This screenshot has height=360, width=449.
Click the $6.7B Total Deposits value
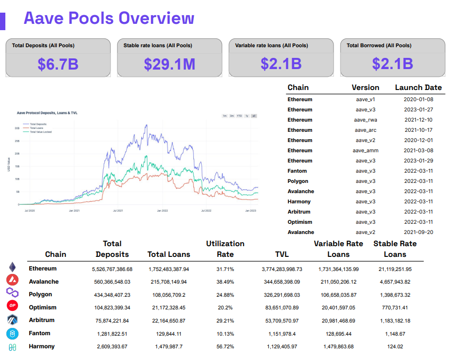tap(58, 64)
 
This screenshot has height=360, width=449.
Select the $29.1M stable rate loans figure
tap(169, 64)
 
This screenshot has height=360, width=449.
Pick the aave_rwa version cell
tap(365, 120)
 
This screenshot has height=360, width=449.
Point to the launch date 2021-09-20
tap(418, 232)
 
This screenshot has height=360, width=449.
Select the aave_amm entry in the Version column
tap(365, 150)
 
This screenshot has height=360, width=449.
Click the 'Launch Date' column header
tap(418, 88)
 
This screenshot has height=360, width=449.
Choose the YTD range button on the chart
tap(239, 116)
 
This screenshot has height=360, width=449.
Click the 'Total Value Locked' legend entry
tap(40, 132)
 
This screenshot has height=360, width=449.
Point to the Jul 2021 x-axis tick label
tap(117, 211)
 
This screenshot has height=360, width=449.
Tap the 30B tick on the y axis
tap(17, 128)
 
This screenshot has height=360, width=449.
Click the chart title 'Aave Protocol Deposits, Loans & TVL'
tap(47, 113)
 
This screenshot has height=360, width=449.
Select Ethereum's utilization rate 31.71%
tap(225, 269)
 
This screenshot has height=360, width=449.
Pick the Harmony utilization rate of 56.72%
tap(225, 346)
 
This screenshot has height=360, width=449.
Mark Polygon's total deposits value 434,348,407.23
tap(112, 295)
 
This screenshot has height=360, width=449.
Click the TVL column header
tap(281, 254)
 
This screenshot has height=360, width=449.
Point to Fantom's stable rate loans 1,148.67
tap(394, 334)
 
